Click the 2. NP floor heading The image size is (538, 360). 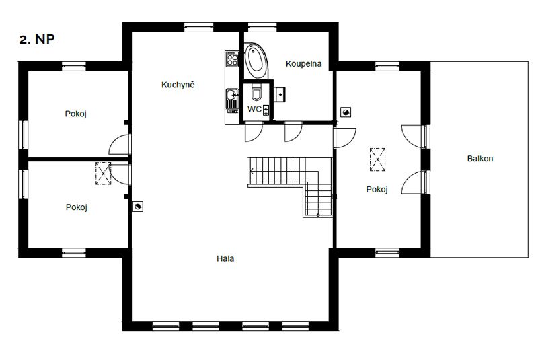coord(37,40)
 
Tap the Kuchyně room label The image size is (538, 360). coord(178,85)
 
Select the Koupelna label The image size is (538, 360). coord(304,63)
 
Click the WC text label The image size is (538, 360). coord(254,109)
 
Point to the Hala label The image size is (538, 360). coord(225,258)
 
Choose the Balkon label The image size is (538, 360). coord(480,159)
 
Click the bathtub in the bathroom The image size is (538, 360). coord(256,61)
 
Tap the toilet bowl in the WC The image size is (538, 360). coord(256,92)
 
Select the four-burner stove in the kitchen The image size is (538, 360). coord(232,59)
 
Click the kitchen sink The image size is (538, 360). coord(232,97)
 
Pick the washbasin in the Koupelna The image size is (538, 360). coord(280,94)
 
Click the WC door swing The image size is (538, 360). coord(254,131)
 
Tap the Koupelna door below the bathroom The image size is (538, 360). coord(293,131)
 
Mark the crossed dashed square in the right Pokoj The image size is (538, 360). coord(377,159)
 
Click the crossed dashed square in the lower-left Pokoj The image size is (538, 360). coord(104,174)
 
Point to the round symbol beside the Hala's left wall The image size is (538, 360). coord(138,207)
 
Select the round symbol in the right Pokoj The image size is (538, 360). coord(346,112)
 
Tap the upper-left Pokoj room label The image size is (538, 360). coord(75,114)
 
